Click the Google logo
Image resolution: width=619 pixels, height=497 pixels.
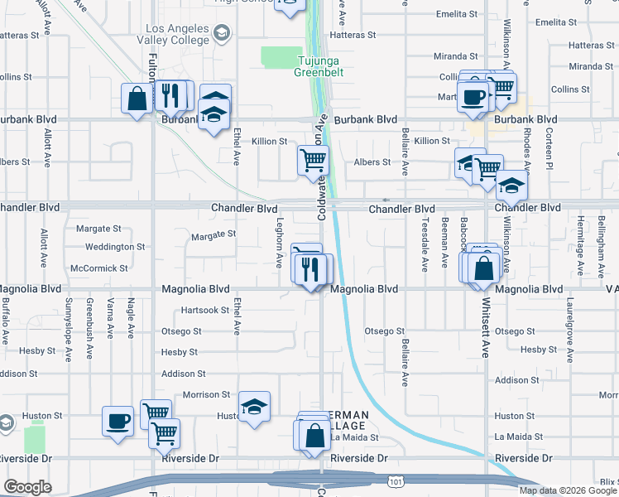click(x=27, y=487)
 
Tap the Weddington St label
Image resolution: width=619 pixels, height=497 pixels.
click(x=115, y=247)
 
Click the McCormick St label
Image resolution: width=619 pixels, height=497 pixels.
click(x=99, y=268)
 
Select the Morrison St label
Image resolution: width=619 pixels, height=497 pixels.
click(x=207, y=395)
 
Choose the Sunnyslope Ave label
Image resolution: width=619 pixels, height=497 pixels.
click(x=69, y=318)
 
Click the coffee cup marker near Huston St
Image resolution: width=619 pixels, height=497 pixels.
click(x=117, y=420)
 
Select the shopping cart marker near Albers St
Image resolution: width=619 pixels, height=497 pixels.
click(x=314, y=160)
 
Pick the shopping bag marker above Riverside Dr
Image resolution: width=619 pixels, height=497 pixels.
click(x=315, y=436)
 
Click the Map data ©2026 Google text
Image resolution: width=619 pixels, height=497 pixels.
click(x=568, y=490)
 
